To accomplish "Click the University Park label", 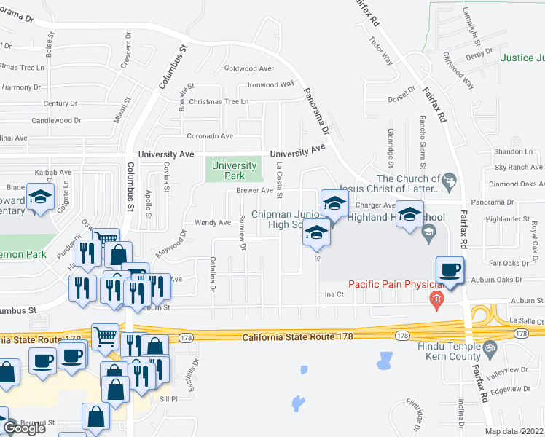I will pos(234,170).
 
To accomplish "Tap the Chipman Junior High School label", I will pos(277,219).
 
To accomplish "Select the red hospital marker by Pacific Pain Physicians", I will pos(436,299).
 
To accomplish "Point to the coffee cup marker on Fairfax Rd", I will pos(450,271).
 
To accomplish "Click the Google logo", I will pos(24,428).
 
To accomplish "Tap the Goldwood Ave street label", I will pos(248,68).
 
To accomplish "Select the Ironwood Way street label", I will pos(270,84).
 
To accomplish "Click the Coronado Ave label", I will pos(211,136).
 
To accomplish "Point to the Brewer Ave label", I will pos(254,191).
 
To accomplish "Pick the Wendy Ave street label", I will pos(213,222).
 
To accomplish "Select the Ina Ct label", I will pos(334,294).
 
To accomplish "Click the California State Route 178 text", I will pos(297,336).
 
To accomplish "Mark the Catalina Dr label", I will pos(213,275).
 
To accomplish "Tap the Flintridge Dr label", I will pos(416,413).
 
